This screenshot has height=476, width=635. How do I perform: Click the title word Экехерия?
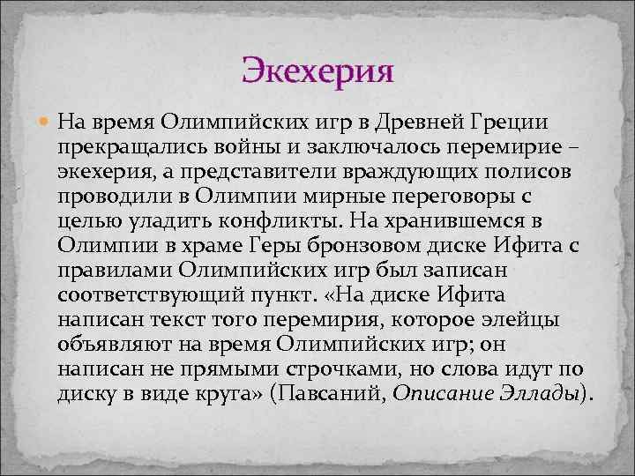(x=317, y=68)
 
